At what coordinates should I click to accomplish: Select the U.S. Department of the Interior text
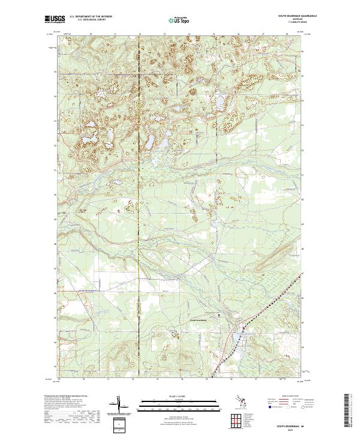[91, 16]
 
